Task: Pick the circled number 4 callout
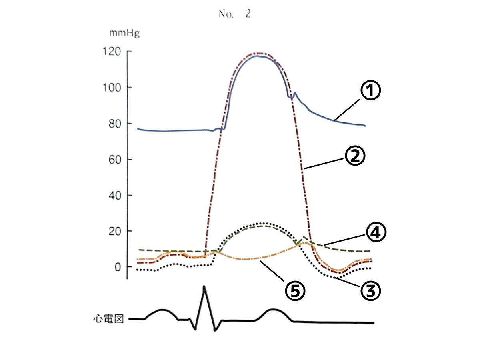click(x=376, y=233)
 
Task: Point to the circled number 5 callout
click(x=294, y=291)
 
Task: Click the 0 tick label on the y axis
click(x=118, y=267)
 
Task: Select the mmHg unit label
click(x=124, y=34)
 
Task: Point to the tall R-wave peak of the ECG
click(x=204, y=287)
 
